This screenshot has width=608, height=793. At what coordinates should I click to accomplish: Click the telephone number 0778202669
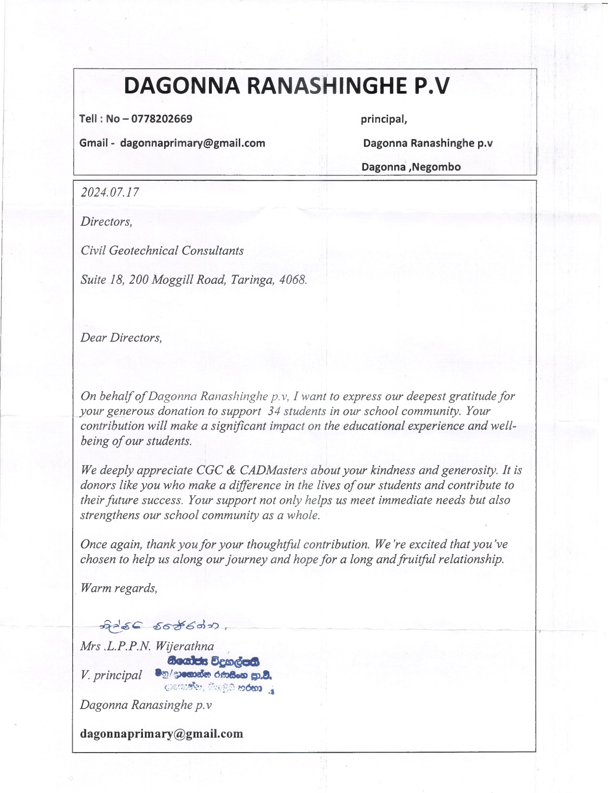point(162,119)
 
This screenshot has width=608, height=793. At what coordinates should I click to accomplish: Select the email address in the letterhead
point(193,143)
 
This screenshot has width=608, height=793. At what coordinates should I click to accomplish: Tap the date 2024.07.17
point(110,192)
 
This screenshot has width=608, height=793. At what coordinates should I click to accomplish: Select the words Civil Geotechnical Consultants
point(162,251)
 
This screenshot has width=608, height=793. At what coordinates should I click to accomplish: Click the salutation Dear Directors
point(121,338)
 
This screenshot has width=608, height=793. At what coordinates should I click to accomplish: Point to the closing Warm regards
point(119,588)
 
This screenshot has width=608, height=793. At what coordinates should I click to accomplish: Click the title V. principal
point(111,675)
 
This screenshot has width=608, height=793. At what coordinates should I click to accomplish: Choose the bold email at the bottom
point(162,734)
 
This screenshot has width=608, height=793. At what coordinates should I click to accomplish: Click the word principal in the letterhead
point(384,119)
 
